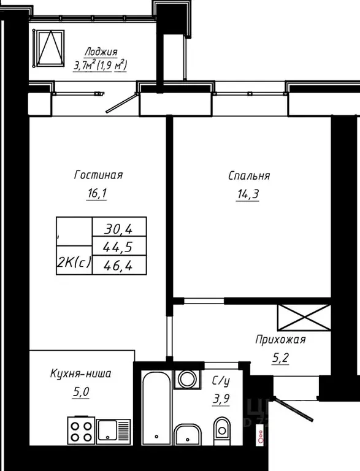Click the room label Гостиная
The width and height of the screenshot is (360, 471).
point(98,175)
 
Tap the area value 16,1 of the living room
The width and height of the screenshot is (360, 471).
point(98,194)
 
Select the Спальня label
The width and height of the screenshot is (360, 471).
point(249,176)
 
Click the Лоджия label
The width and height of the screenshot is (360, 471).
point(101,52)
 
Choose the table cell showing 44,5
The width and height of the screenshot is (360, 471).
point(120,247)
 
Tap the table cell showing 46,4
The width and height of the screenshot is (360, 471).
point(120,264)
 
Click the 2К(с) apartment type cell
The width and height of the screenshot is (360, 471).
point(74,263)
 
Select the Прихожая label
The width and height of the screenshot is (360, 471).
point(280,339)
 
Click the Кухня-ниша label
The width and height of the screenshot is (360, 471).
point(81,372)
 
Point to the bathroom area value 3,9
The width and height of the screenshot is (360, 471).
point(221,400)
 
